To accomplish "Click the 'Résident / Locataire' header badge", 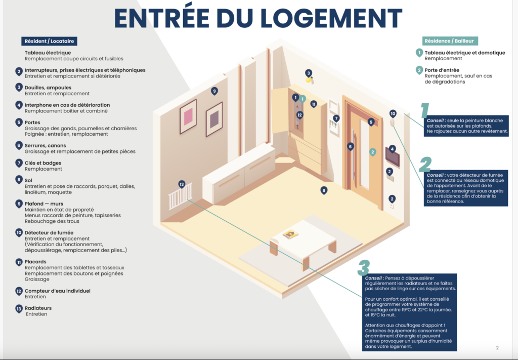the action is click(x=49, y=41).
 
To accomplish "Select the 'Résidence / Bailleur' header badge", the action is click(x=450, y=41).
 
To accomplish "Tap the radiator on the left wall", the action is click(x=180, y=196).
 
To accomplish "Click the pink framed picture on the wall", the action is click(x=188, y=116).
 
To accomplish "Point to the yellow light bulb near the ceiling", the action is click(x=309, y=80).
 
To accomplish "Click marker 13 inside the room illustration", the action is click(x=182, y=184).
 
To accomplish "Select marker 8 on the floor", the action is click(x=324, y=190).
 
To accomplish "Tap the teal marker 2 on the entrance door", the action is click(x=373, y=152).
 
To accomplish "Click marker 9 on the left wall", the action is click(x=214, y=91).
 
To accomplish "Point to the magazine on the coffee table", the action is click(x=290, y=234).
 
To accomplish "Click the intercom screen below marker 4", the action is click(x=393, y=157).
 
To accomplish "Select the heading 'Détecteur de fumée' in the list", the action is click(x=49, y=233).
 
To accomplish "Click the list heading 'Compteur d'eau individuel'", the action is click(x=58, y=291).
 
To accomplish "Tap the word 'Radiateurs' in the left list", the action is click(x=38, y=308).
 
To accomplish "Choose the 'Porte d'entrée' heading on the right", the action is click(x=442, y=70).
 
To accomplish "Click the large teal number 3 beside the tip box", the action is click(x=364, y=268).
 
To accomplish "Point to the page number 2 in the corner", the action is click(x=497, y=348).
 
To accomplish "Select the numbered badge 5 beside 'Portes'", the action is click(x=19, y=123).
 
